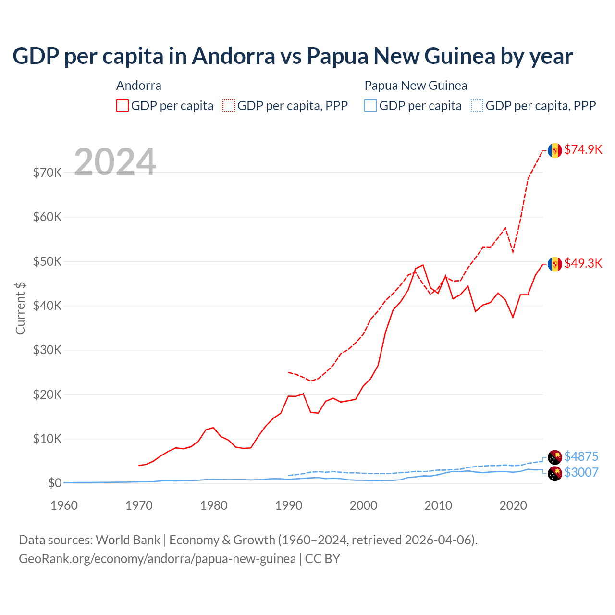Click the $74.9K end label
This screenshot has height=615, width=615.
(583, 149)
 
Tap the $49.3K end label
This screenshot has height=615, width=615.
(583, 263)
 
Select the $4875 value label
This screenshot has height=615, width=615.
(581, 456)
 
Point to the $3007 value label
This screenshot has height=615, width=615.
(581, 472)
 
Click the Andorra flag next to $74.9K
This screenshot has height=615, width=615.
(555, 150)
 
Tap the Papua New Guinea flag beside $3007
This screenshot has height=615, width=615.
(555, 473)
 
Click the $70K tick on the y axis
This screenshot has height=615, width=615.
(47, 172)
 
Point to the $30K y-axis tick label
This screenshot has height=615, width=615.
(47, 350)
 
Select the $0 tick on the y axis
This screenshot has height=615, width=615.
(55, 483)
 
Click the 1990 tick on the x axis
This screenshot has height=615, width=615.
(289, 505)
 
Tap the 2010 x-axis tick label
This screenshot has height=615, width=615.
(438, 505)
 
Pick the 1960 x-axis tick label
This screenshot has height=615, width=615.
(64, 505)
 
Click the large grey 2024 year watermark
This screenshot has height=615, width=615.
(115, 162)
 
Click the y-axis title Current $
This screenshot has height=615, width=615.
(20, 308)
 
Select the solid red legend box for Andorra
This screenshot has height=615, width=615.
(123, 106)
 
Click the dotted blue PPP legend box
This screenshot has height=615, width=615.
(477, 106)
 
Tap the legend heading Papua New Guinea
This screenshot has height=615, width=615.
(416, 86)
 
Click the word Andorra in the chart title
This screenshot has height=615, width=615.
(234, 56)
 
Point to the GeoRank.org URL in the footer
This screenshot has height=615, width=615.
(157, 559)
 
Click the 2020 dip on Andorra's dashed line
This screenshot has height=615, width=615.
(513, 252)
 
